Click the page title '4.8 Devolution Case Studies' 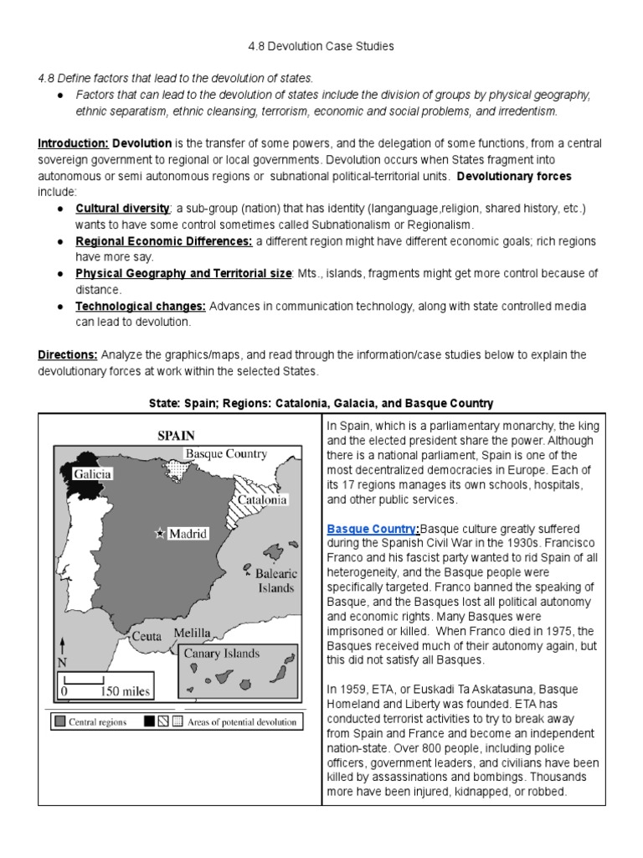point(321,46)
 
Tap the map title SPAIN point(177,435)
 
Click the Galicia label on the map point(92,473)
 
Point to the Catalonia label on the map point(262,499)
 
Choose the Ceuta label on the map point(146,636)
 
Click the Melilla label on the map point(193,633)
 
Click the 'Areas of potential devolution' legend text point(240,721)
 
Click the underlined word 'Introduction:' point(73,143)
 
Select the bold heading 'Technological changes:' point(141,306)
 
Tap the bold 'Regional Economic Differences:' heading point(164,241)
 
